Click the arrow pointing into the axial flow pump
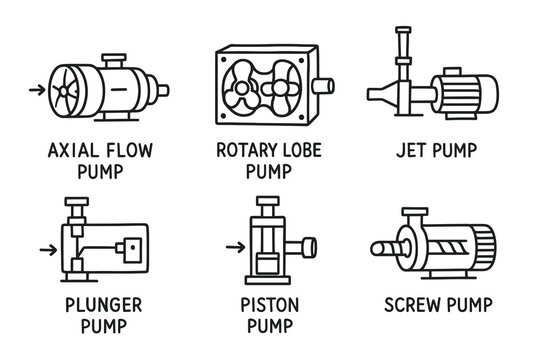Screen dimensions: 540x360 click(x=37, y=90)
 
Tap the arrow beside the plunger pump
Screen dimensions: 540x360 click(x=49, y=250)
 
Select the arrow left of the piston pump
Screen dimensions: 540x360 click(x=236, y=247)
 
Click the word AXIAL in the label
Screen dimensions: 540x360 click(x=71, y=151)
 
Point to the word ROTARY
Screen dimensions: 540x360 click(x=245, y=150)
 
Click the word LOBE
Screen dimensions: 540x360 click(x=302, y=150)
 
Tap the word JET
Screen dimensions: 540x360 click(x=410, y=150)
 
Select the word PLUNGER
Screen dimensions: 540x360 click(x=104, y=305)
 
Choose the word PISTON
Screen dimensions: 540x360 click(x=270, y=305)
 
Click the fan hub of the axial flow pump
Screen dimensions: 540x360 click(x=64, y=91)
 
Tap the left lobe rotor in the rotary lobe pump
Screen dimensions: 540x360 click(x=242, y=88)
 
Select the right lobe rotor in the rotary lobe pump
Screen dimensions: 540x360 click(x=281, y=88)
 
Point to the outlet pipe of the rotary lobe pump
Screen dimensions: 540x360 click(x=323, y=86)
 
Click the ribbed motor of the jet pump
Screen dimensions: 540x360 click(x=465, y=94)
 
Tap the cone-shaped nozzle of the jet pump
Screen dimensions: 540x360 click(x=382, y=94)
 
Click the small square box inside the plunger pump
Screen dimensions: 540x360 click(x=133, y=250)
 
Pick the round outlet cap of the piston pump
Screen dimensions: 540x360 click(x=309, y=247)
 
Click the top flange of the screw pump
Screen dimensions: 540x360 click(x=415, y=211)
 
